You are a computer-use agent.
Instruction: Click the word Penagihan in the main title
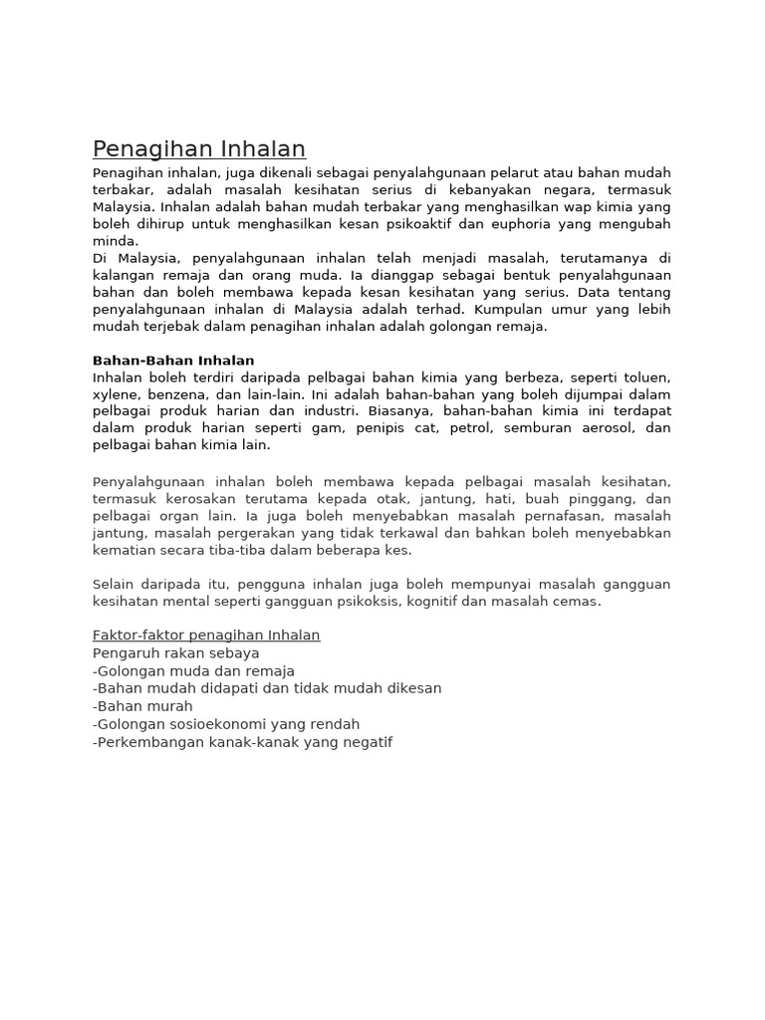tap(140, 149)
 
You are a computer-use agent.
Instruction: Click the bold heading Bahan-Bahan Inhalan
tap(173, 361)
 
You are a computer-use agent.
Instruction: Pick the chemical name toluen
tap(646, 378)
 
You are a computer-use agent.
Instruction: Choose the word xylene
tap(117, 394)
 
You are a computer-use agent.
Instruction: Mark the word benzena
tap(184, 394)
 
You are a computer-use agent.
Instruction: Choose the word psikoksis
tap(366, 601)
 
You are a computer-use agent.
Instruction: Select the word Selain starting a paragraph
tap(114, 584)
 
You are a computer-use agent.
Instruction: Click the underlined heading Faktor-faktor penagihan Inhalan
tap(206, 636)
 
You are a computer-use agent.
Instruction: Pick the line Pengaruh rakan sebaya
tap(176, 653)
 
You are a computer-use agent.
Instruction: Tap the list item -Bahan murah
tap(142, 706)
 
